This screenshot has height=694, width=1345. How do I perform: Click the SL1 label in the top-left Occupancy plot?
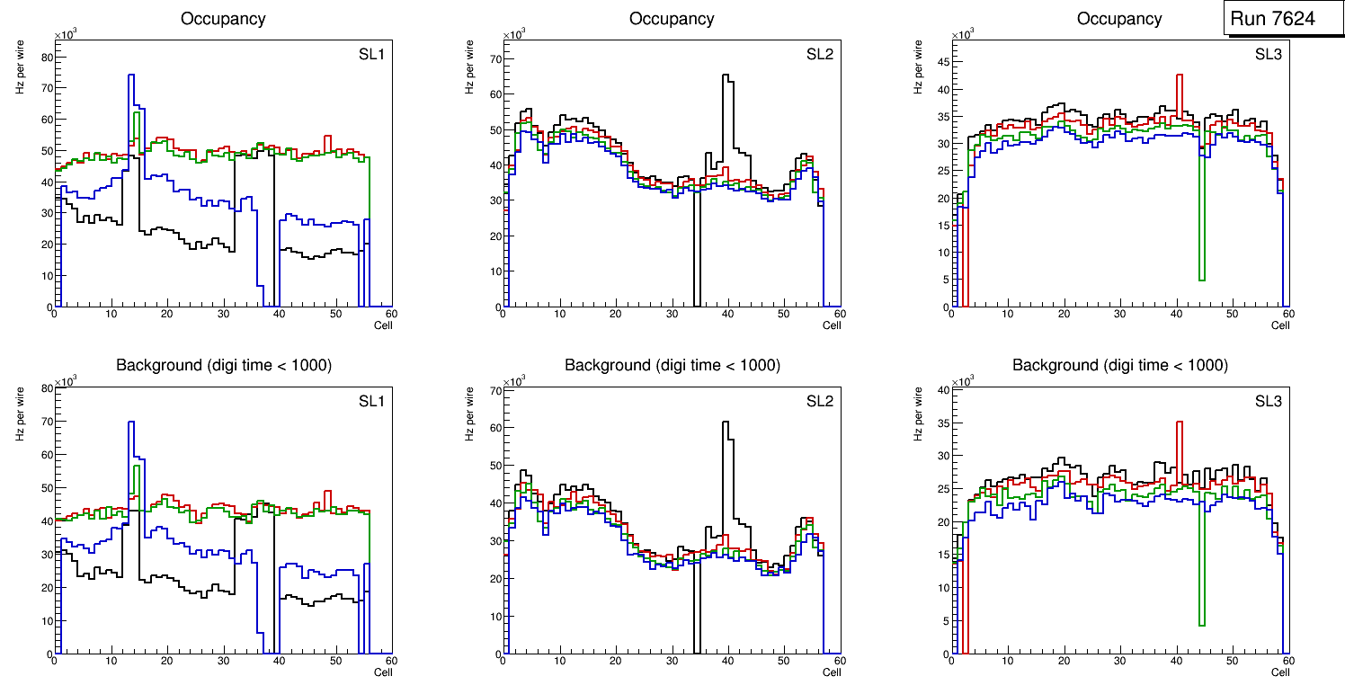[x=371, y=54]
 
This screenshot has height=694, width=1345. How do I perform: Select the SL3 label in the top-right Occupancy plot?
[x=1268, y=54]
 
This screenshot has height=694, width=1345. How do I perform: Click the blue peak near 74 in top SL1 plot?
[x=131, y=76]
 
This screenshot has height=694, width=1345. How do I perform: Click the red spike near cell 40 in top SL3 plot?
[x=1179, y=76]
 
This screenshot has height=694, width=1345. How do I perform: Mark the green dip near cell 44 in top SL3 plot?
[x=1201, y=279]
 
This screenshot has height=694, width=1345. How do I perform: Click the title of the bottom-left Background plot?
[x=223, y=365]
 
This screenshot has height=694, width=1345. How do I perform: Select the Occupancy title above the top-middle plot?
[x=672, y=18]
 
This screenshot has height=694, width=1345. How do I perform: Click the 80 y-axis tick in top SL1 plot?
[x=48, y=58]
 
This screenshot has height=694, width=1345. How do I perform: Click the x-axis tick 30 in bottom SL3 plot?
[x=1119, y=662]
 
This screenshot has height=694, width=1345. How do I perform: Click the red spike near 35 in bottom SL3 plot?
[x=1179, y=423]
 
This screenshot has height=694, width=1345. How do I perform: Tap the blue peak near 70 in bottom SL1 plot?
[x=131, y=423]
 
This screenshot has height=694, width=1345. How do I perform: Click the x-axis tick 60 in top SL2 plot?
[x=838, y=314]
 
